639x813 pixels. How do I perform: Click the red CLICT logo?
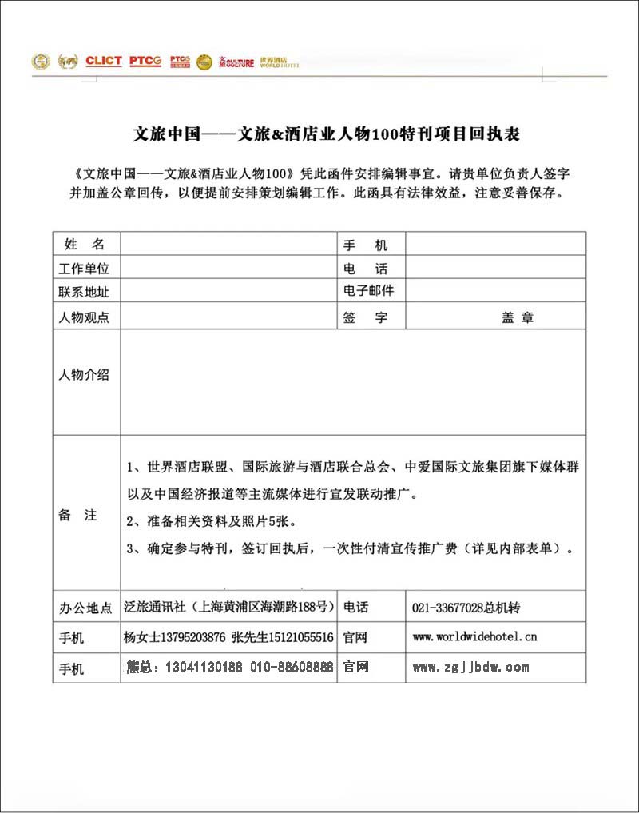tap(103, 61)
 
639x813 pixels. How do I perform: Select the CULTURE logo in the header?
tap(237, 62)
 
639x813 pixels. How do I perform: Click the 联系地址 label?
tap(84, 292)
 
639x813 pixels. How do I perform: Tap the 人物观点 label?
tap(84, 317)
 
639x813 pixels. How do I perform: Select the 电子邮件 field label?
tap(368, 291)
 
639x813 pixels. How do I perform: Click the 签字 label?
tap(365, 317)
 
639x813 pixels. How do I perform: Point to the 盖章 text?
tap(517, 317)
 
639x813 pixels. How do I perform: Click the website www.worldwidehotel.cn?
tap(474, 637)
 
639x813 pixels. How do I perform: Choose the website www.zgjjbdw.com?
tap(470, 667)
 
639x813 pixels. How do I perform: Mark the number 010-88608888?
tap(292, 667)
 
